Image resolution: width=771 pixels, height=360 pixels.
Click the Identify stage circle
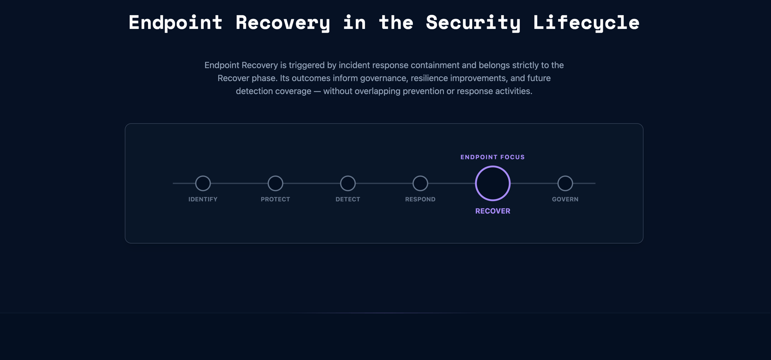(203, 183)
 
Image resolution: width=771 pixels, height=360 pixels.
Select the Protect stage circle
(275, 183)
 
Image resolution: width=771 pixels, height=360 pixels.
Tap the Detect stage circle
(348, 183)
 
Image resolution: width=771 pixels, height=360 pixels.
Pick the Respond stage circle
(420, 183)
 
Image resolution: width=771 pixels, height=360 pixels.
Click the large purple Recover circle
(493, 183)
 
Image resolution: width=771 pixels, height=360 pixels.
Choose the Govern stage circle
(565, 183)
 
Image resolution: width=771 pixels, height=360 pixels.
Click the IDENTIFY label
(203, 199)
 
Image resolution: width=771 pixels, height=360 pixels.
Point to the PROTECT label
(275, 199)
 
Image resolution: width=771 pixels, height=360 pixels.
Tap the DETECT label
(348, 199)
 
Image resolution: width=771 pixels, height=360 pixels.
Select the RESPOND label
(420, 199)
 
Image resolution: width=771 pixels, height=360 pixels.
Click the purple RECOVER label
(493, 211)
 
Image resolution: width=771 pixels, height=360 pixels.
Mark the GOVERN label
(565, 199)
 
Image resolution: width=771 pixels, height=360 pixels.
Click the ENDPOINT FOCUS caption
(493, 157)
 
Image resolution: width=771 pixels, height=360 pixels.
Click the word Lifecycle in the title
(586, 22)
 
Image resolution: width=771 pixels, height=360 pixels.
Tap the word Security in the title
(473, 22)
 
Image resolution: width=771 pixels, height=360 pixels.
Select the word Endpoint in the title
(175, 22)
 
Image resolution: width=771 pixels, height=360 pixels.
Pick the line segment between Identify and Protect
(239, 183)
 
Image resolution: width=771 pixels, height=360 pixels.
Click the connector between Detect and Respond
(384, 183)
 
